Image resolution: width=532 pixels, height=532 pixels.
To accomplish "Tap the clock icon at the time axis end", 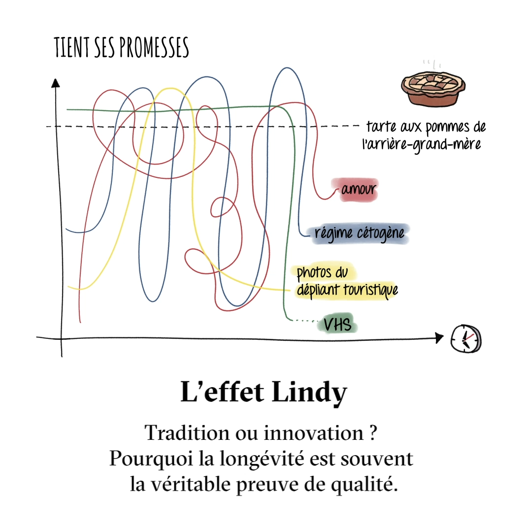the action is [x=466, y=338].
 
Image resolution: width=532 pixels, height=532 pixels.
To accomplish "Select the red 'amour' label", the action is [x=355, y=190].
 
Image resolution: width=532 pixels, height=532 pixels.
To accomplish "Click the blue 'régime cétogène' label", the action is [x=360, y=233].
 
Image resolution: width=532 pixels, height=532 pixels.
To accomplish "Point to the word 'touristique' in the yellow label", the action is [x=370, y=290].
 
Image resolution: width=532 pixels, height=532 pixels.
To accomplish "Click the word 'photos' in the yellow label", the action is [x=314, y=272].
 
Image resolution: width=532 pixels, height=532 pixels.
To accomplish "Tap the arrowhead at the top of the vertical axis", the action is [x=55, y=83].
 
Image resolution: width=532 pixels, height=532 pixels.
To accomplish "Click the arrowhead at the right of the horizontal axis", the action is [x=439, y=337].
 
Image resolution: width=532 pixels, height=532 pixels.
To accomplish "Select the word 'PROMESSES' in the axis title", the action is [x=154, y=47].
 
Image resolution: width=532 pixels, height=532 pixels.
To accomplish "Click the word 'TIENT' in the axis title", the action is [x=72, y=47].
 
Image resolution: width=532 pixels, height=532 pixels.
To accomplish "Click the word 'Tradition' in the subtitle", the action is [x=187, y=433].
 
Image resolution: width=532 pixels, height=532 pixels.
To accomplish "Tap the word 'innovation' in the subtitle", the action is [x=313, y=433].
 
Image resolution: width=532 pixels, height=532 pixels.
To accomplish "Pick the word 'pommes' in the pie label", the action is [x=447, y=127].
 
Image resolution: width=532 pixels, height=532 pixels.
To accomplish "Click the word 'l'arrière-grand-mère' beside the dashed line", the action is [x=421, y=144].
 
